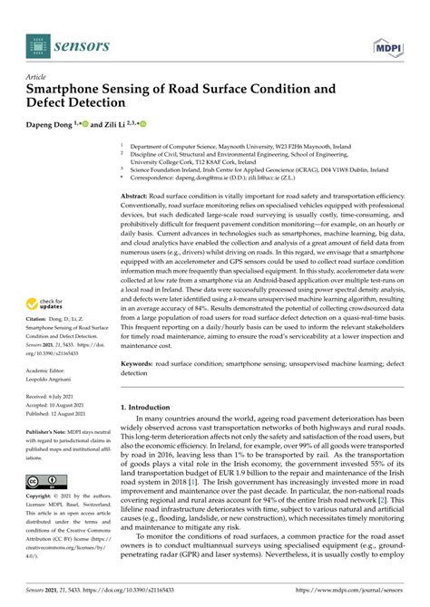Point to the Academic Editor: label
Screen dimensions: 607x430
(x=53, y=345)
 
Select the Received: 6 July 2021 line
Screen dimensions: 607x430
(x=56, y=371)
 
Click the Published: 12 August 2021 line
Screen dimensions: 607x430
(x=60, y=389)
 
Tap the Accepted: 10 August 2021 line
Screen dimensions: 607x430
(x=60, y=380)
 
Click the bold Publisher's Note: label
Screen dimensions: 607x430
(x=50, y=405)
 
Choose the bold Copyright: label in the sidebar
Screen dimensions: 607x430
(x=43, y=497)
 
